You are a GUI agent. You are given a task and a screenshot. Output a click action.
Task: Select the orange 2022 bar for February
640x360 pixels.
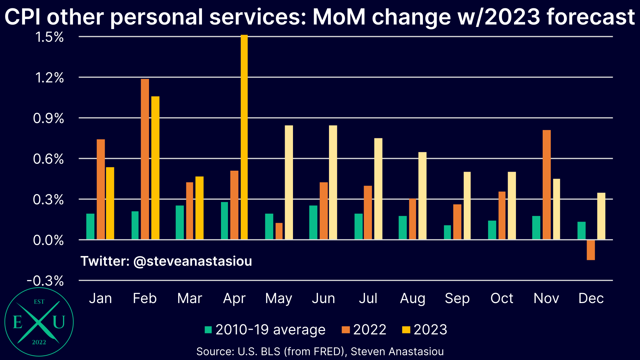[x=145, y=159]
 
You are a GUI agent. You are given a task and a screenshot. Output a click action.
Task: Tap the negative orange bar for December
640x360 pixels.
[x=591, y=250]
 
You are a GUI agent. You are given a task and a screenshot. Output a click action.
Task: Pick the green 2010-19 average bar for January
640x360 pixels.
[x=90, y=227]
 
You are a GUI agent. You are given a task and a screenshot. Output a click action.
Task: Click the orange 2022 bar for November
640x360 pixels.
[x=547, y=185]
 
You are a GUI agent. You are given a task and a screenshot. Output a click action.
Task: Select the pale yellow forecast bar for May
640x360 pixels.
[x=289, y=183]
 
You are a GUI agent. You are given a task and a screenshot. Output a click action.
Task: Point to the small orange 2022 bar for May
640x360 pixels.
[x=279, y=231]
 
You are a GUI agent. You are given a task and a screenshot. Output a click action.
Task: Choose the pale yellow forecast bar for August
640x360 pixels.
[x=422, y=196]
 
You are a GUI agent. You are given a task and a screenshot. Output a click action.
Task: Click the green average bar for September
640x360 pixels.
[x=447, y=233]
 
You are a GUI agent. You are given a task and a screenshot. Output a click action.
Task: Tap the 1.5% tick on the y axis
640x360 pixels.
[x=49, y=37]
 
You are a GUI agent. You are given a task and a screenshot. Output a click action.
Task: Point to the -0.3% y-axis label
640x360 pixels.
[x=45, y=281]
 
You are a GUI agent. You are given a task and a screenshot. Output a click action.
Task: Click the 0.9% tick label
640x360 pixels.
[x=49, y=118]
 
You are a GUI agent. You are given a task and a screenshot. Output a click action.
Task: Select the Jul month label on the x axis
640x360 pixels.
[x=368, y=298]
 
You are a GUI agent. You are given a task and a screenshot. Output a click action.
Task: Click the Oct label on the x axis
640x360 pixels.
[x=502, y=298]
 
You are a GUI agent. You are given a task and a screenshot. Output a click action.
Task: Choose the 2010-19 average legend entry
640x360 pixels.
[x=265, y=330]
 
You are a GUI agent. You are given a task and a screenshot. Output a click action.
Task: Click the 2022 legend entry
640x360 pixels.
[x=364, y=330]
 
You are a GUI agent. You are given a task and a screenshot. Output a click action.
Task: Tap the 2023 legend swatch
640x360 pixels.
[x=406, y=330]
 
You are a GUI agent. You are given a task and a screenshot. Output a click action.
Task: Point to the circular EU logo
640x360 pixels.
[x=39, y=322]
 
